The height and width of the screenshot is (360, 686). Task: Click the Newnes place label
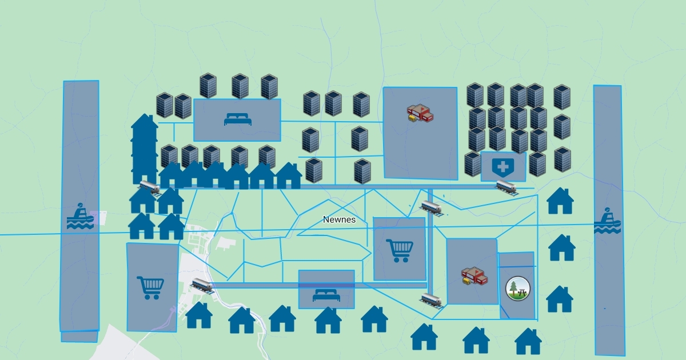(339, 219)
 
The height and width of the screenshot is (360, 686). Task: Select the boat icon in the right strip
(607, 221)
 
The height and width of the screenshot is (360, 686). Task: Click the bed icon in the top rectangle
(237, 119)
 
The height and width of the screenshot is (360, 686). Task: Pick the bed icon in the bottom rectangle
(326, 295)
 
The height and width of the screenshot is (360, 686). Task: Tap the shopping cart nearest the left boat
(151, 287)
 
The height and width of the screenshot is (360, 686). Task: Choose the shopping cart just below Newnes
(400, 250)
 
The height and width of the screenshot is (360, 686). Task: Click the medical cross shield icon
(503, 167)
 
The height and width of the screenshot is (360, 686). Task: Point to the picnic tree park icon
(518, 288)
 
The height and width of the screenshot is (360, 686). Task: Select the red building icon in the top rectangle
(420, 113)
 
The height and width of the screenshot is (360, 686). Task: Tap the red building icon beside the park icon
(474, 276)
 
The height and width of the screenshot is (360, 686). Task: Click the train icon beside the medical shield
(506, 186)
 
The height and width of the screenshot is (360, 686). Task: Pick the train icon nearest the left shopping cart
(203, 285)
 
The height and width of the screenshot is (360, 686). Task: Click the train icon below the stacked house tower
(150, 186)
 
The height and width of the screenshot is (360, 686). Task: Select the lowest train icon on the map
(432, 299)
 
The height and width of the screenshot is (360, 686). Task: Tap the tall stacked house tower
(145, 149)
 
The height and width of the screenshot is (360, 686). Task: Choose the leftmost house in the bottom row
(199, 315)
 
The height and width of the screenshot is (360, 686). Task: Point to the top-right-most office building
(562, 97)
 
